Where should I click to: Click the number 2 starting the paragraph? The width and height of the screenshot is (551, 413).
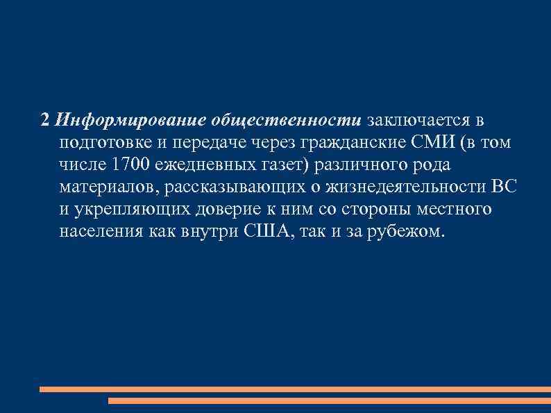tap(45, 121)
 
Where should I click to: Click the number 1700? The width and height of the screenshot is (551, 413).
tap(131, 165)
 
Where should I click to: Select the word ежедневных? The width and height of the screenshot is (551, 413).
tap(206, 165)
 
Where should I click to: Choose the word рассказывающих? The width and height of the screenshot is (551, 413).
tap(233, 187)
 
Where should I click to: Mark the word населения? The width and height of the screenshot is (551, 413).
tap(101, 231)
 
